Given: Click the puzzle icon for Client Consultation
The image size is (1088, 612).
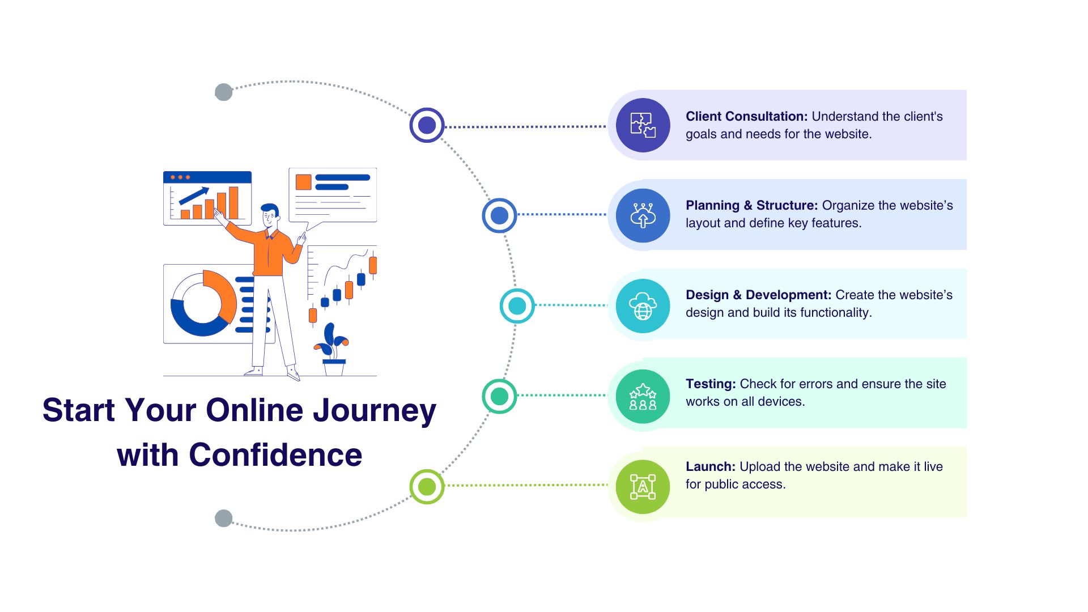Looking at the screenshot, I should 643,125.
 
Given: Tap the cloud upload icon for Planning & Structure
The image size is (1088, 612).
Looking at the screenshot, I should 643,215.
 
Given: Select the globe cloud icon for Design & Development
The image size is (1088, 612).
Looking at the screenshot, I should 643,306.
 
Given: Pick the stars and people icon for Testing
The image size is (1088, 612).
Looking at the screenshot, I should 643,396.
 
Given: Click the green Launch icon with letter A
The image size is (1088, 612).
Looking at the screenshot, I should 643,487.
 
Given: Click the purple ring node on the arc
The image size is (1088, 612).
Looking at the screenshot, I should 427,125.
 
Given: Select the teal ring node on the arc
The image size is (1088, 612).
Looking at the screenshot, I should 517,306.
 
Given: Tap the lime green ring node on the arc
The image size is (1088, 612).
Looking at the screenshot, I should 427,487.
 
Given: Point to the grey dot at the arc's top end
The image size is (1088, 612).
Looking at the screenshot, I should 224,92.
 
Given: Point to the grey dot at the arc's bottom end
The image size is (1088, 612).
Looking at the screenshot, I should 224,518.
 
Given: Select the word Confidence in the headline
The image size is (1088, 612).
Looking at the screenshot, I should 275,455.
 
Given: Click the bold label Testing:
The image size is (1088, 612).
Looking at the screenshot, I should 711,384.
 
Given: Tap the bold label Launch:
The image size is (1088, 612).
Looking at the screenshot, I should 711,467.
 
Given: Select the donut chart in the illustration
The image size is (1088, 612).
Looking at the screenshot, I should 203,304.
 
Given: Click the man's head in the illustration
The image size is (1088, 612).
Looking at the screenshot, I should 270,215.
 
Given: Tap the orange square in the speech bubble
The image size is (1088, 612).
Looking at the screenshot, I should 303,182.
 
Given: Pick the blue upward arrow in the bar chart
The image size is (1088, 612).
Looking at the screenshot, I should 194,195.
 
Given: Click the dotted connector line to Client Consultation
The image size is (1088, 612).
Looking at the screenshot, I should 526,126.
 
